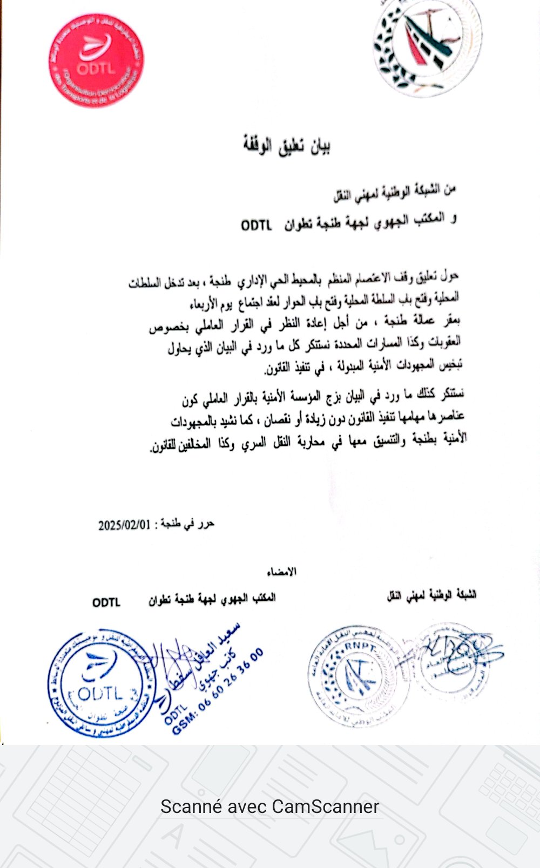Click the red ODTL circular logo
(x=96, y=60)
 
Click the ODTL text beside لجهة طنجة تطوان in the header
(x=256, y=225)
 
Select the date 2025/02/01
(x=124, y=525)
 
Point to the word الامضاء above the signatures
(x=282, y=572)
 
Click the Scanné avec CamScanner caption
(x=269, y=806)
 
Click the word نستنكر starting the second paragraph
(x=453, y=394)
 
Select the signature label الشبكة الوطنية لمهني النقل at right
(x=432, y=596)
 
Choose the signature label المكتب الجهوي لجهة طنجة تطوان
(x=212, y=599)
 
